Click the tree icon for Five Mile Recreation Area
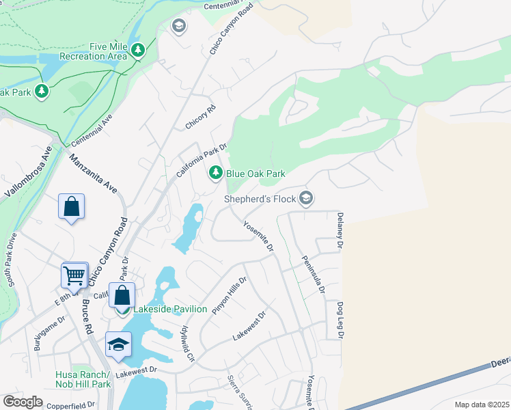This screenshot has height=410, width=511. (138, 50)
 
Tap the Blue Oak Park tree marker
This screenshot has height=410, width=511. (216, 174)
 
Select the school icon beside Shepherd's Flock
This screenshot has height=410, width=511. (306, 198)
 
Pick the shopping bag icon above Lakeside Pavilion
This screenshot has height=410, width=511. (122, 295)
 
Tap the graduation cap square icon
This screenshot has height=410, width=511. (118, 344)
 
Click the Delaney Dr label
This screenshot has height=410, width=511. (339, 229)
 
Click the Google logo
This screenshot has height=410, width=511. (23, 402)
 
